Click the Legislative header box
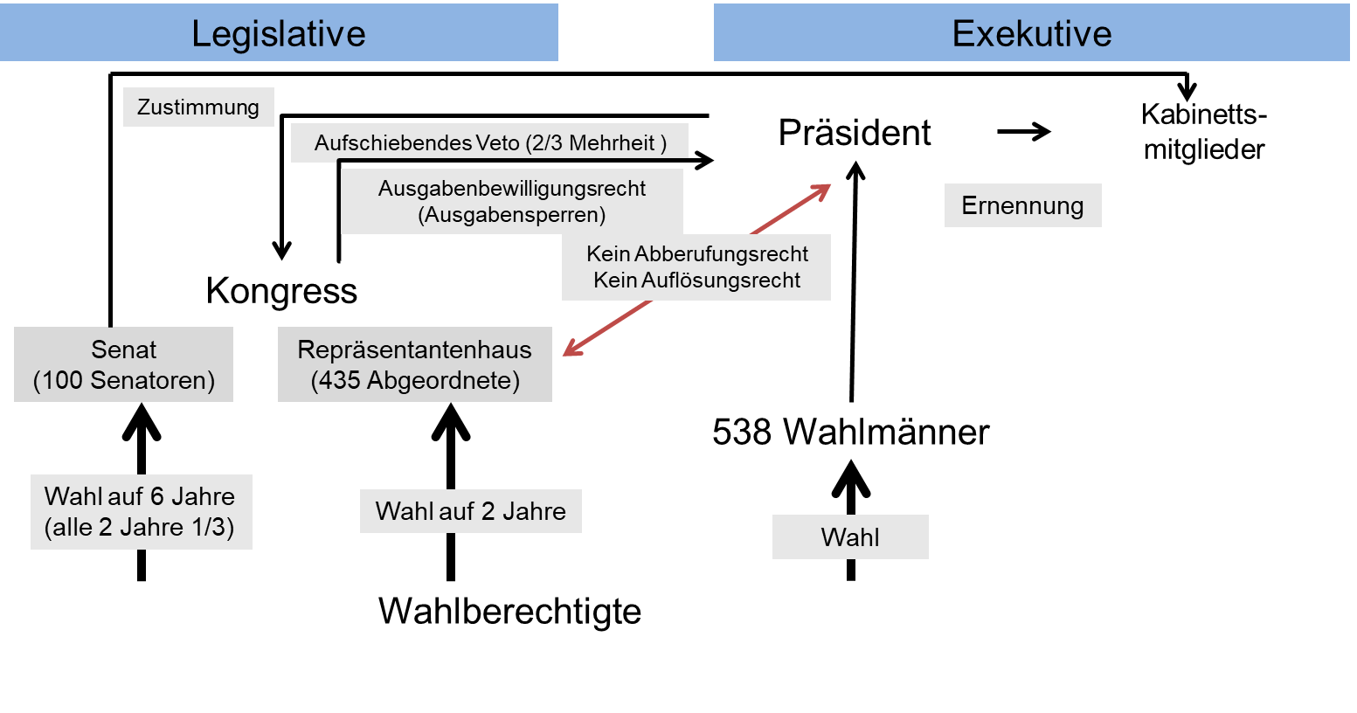pos(279,33)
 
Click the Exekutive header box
pos(1031,33)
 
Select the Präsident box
pos(855,132)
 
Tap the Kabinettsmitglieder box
pos(1203,132)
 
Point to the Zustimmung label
pos(198,107)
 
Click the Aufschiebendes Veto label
pos(489,142)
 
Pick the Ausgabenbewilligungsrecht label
pos(511,202)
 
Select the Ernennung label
pos(1022,206)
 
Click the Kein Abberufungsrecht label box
pos(696,267)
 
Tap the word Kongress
pos(281,291)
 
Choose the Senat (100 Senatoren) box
pos(124,364)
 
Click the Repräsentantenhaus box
pos(415,364)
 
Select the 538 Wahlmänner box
pos(850,431)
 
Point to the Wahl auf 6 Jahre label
pos(141,512)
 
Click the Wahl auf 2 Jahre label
pos(470,511)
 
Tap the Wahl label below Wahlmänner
pos(850,537)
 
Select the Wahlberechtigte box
pos(509,611)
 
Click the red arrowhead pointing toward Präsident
pos(820,191)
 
